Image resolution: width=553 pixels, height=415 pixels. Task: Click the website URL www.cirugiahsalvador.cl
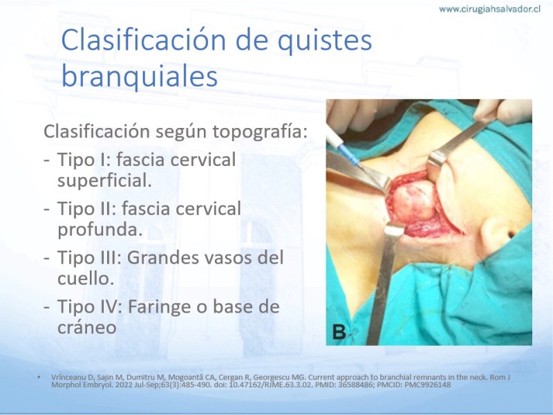click(x=489, y=9)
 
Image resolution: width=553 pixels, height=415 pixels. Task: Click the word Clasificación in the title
click(x=144, y=39)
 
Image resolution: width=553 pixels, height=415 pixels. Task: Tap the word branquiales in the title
click(x=140, y=76)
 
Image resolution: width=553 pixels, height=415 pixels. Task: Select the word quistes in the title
click(x=324, y=41)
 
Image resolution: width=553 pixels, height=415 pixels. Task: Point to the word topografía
click(x=260, y=132)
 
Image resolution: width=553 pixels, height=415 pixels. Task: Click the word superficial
click(x=104, y=181)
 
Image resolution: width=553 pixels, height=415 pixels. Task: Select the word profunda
click(x=100, y=230)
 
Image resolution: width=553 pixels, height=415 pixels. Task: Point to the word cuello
click(x=86, y=279)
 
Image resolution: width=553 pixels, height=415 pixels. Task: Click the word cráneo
click(x=87, y=327)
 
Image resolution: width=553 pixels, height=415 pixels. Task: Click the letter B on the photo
click(x=339, y=333)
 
